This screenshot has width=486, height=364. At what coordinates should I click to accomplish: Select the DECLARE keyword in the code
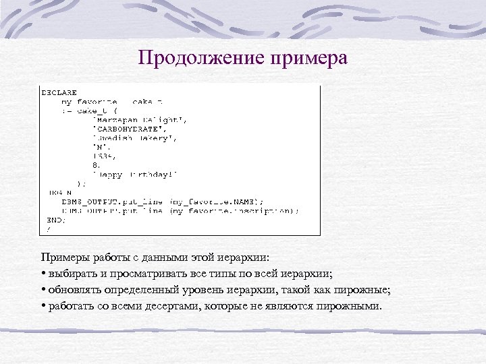59,92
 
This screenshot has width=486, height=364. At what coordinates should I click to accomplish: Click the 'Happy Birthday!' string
135,173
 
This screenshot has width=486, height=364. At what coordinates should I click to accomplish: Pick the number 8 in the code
96,164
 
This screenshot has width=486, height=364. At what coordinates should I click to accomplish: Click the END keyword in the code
55,219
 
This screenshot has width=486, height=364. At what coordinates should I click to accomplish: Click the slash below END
47,229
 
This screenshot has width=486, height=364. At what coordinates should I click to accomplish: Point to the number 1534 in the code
101,155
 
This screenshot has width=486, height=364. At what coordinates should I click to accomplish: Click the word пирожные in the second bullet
362,290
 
